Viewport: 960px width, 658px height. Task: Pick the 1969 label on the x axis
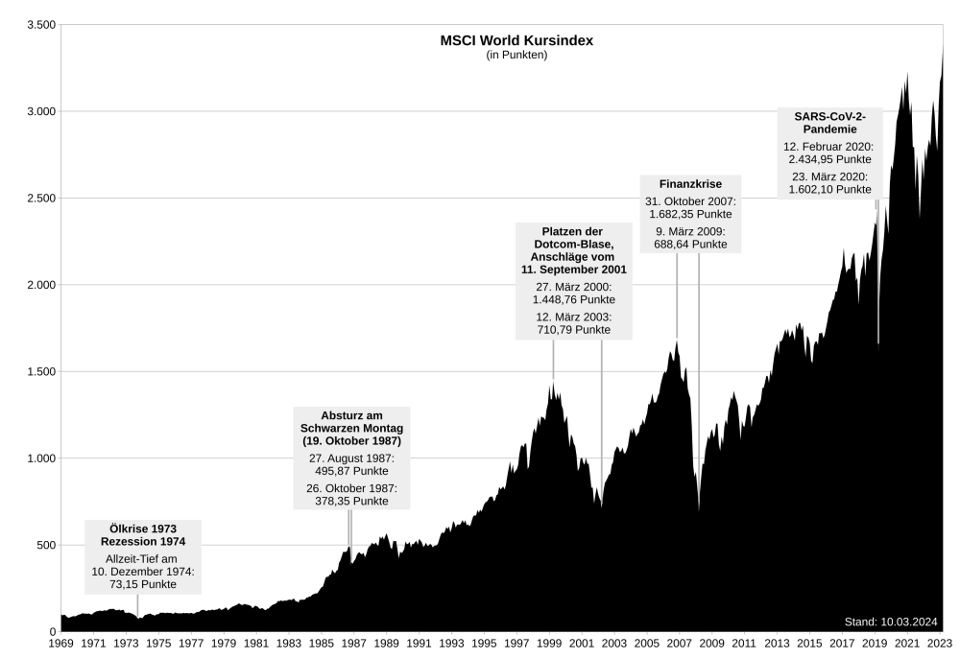pos(60,643)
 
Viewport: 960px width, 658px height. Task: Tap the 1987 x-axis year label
pos(354,643)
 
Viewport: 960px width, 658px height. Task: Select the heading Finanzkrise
pos(690,183)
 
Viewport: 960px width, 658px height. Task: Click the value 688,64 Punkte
pos(690,245)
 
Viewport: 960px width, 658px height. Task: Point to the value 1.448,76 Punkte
pos(574,299)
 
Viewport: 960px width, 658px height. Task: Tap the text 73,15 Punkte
pos(149,584)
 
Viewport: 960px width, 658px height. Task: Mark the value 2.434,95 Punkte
pos(827,158)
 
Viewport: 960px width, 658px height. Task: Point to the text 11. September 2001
pos(574,270)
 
